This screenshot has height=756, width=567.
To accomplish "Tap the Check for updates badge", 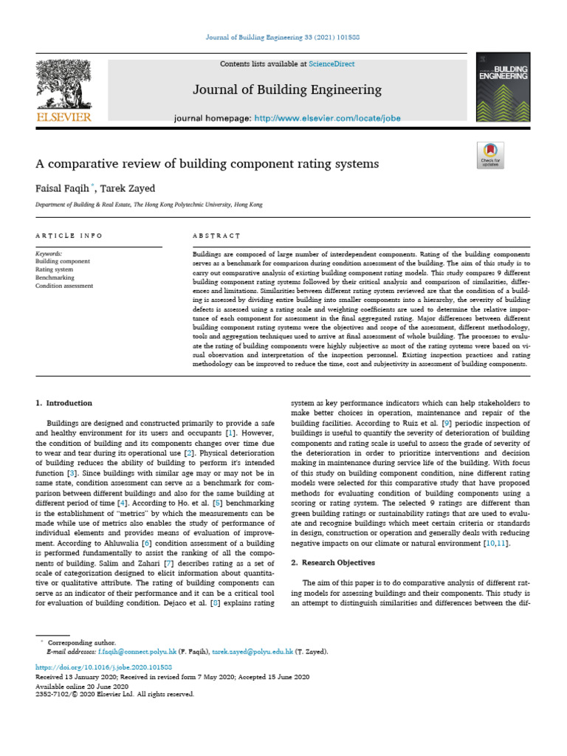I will [490, 155].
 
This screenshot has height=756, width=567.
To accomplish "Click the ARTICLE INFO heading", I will [69, 236].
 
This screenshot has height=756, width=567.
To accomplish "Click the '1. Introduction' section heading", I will [64, 403].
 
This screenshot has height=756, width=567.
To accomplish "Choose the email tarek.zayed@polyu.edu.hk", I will [252, 653].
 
